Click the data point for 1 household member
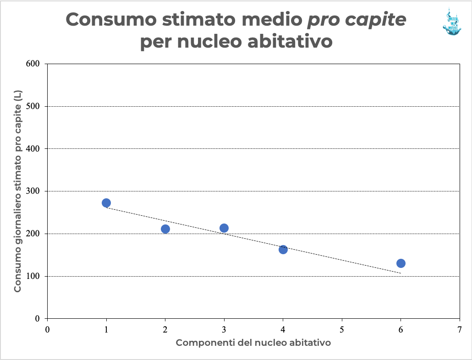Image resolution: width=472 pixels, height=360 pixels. click(106, 203)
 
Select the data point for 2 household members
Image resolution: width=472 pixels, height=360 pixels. click(165, 229)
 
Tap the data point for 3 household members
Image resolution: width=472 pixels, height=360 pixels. click(224, 228)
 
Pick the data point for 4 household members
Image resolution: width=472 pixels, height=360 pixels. click(283, 250)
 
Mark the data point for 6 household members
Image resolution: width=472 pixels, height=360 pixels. click(401, 263)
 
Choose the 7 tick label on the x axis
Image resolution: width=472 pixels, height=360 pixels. click(460, 329)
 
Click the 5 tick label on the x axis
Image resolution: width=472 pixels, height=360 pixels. click(342, 329)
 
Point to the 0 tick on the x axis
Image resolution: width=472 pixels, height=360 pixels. click(48, 329)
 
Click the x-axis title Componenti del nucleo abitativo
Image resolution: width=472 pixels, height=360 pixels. click(253, 343)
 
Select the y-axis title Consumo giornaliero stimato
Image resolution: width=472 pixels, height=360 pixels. click(18, 191)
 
